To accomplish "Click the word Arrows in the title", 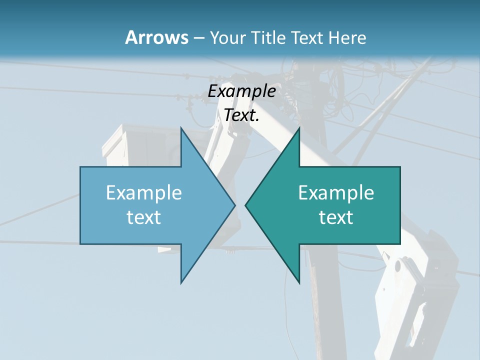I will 156,37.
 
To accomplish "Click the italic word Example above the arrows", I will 241,91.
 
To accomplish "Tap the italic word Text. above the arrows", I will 241,115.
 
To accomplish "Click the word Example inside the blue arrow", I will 144,192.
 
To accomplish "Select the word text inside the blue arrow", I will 144,217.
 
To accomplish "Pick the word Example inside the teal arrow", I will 336,192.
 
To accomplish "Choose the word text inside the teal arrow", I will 336,217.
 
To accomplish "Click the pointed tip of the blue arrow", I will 234,205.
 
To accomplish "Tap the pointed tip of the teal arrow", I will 245,205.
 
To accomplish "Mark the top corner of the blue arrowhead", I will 181,127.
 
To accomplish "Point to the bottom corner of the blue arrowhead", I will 181,283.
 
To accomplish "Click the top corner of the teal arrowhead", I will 299,127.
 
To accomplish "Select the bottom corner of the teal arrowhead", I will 299,283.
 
